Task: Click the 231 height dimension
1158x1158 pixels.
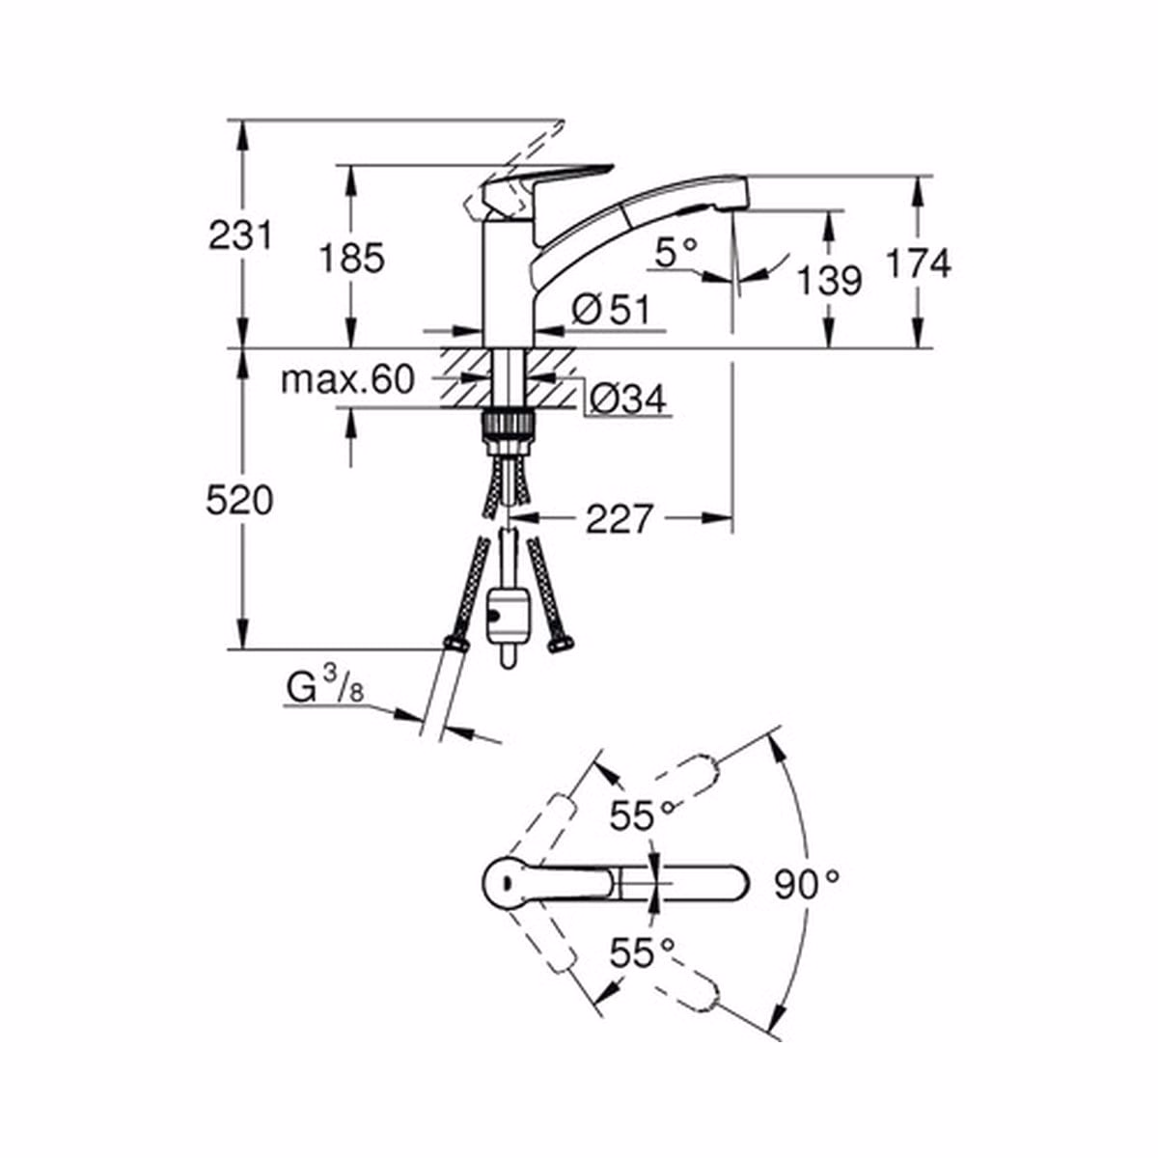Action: pyautogui.click(x=240, y=235)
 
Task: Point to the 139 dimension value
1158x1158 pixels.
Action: pyautogui.click(x=829, y=281)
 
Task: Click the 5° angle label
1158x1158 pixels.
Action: pyautogui.click(x=675, y=254)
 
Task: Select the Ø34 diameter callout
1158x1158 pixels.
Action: pyautogui.click(x=626, y=398)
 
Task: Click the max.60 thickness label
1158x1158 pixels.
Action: pyautogui.click(x=346, y=379)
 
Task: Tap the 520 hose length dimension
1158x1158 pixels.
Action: pyautogui.click(x=239, y=500)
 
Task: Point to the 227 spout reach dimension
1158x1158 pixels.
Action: pyautogui.click(x=619, y=519)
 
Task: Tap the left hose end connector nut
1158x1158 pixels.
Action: pyautogui.click(x=455, y=643)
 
